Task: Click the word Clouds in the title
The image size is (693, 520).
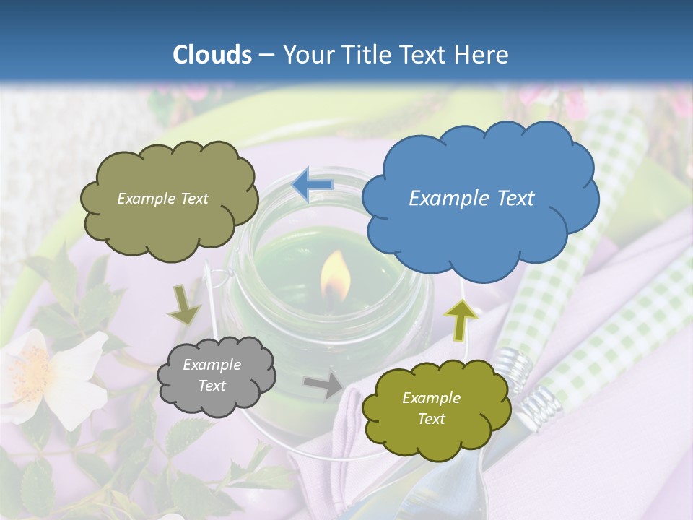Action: click(x=212, y=55)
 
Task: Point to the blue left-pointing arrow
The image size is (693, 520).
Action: click(x=312, y=185)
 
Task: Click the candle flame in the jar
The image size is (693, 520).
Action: click(x=336, y=278)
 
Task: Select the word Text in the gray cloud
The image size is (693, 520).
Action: click(x=212, y=386)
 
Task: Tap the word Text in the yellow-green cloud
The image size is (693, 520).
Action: click(x=431, y=419)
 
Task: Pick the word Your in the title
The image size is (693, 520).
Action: click(x=305, y=55)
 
